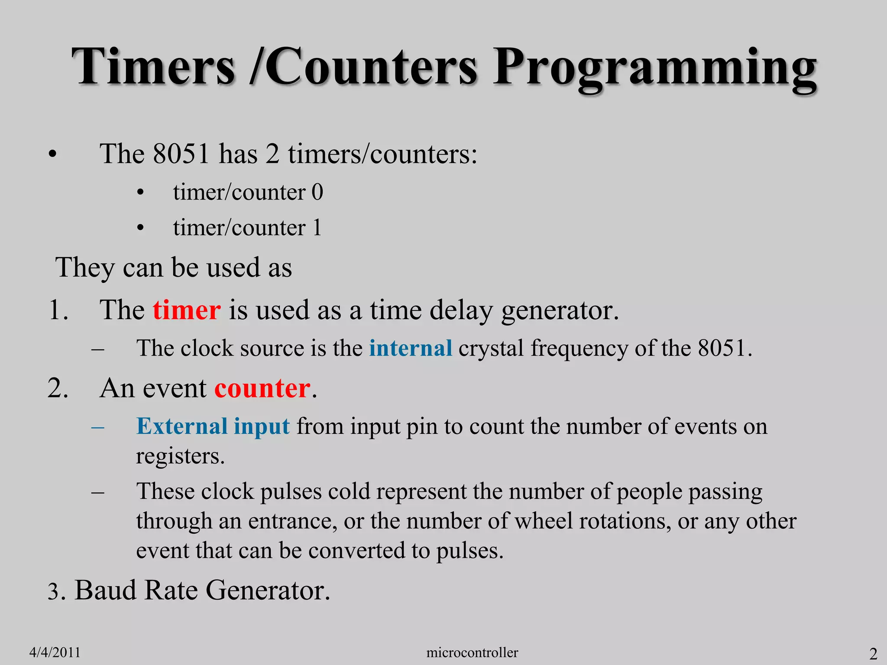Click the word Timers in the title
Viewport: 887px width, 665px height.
(x=154, y=67)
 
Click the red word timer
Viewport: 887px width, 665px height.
(x=187, y=310)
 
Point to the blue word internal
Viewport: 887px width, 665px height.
(x=411, y=349)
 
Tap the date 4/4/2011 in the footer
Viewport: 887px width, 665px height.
(x=55, y=652)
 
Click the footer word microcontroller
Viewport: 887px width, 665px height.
(x=472, y=652)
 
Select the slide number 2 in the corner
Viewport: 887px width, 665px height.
(x=873, y=653)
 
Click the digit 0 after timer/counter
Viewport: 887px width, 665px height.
(x=317, y=192)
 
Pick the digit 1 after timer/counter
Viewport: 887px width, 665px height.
(x=317, y=228)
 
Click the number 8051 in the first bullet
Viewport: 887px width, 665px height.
(x=181, y=154)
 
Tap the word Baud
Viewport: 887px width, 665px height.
(x=105, y=590)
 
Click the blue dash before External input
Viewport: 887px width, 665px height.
(x=98, y=427)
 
